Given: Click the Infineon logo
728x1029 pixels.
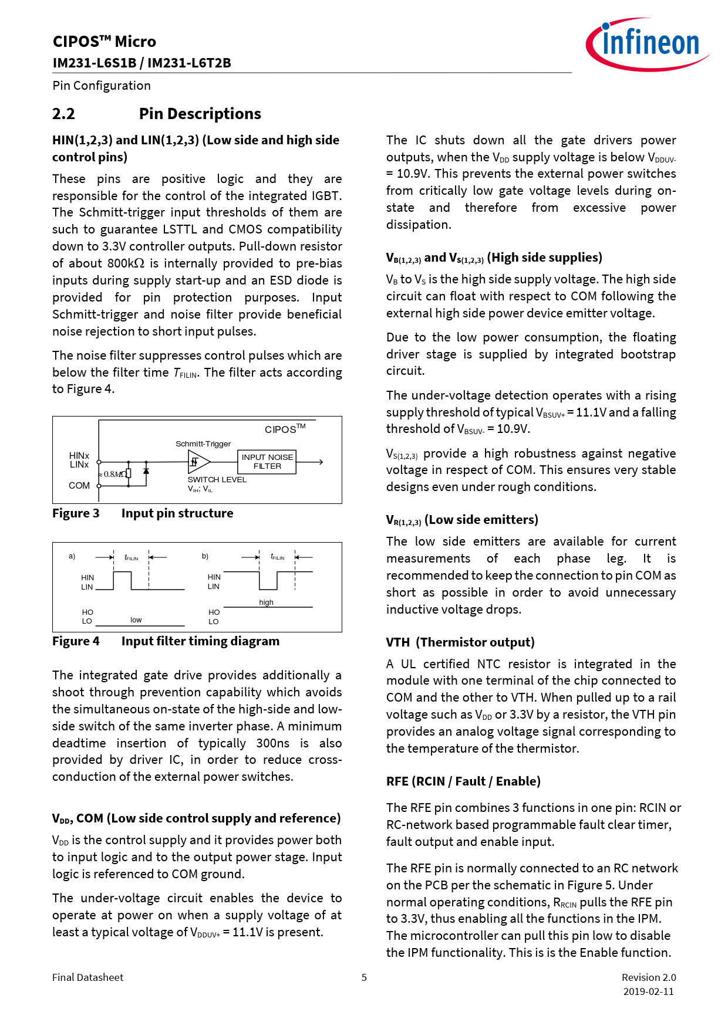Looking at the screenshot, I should (x=647, y=44).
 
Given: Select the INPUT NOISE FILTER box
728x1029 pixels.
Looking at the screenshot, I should (x=267, y=462).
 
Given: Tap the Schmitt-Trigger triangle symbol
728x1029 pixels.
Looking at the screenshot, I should (x=197, y=462).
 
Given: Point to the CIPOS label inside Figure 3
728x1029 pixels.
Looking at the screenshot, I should (x=284, y=429).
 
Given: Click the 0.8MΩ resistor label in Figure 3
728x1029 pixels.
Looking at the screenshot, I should (x=113, y=474).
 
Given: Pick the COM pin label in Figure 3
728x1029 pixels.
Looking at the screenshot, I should (x=79, y=486).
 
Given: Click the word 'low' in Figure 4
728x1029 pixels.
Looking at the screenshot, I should (x=136, y=620).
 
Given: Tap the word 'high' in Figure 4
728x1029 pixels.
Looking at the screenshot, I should (x=266, y=602).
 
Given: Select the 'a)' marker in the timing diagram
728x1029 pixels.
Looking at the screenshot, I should (x=72, y=556).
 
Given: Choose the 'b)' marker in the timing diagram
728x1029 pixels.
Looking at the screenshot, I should (x=205, y=556).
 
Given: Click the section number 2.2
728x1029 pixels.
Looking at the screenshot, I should (x=63, y=114).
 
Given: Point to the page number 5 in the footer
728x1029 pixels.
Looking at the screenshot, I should (x=364, y=977).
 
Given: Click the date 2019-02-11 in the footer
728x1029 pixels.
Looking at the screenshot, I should (x=648, y=991).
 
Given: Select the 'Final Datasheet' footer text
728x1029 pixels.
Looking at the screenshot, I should (x=87, y=977).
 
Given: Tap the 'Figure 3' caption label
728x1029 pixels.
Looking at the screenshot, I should (x=76, y=513).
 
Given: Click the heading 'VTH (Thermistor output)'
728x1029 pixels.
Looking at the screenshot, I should (x=460, y=642).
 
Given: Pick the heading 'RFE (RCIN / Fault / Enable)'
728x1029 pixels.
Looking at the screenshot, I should (x=463, y=781).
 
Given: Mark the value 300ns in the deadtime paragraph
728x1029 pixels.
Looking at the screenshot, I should (x=272, y=743).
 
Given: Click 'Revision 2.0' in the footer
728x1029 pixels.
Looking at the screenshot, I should (x=649, y=977).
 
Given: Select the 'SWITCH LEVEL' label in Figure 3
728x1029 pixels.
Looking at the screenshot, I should (x=217, y=480).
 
